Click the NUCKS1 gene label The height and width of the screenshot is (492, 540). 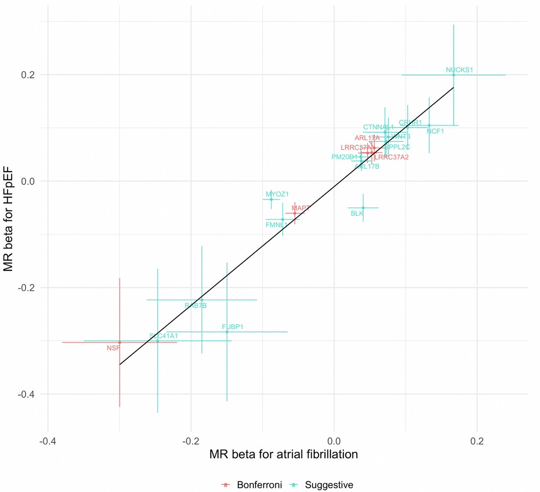(459, 69)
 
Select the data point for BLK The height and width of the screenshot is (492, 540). (363, 208)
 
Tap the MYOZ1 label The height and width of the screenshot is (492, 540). (277, 194)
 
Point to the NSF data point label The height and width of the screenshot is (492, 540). (113, 348)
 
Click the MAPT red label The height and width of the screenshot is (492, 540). (300, 208)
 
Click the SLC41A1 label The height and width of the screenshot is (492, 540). (163, 336)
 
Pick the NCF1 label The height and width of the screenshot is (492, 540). (435, 131)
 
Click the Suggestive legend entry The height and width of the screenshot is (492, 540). (328, 484)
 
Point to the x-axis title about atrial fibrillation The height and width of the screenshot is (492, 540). (283, 454)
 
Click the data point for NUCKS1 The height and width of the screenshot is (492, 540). (453, 75)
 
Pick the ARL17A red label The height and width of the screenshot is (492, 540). (367, 138)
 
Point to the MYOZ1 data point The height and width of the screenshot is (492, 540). (271, 199)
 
